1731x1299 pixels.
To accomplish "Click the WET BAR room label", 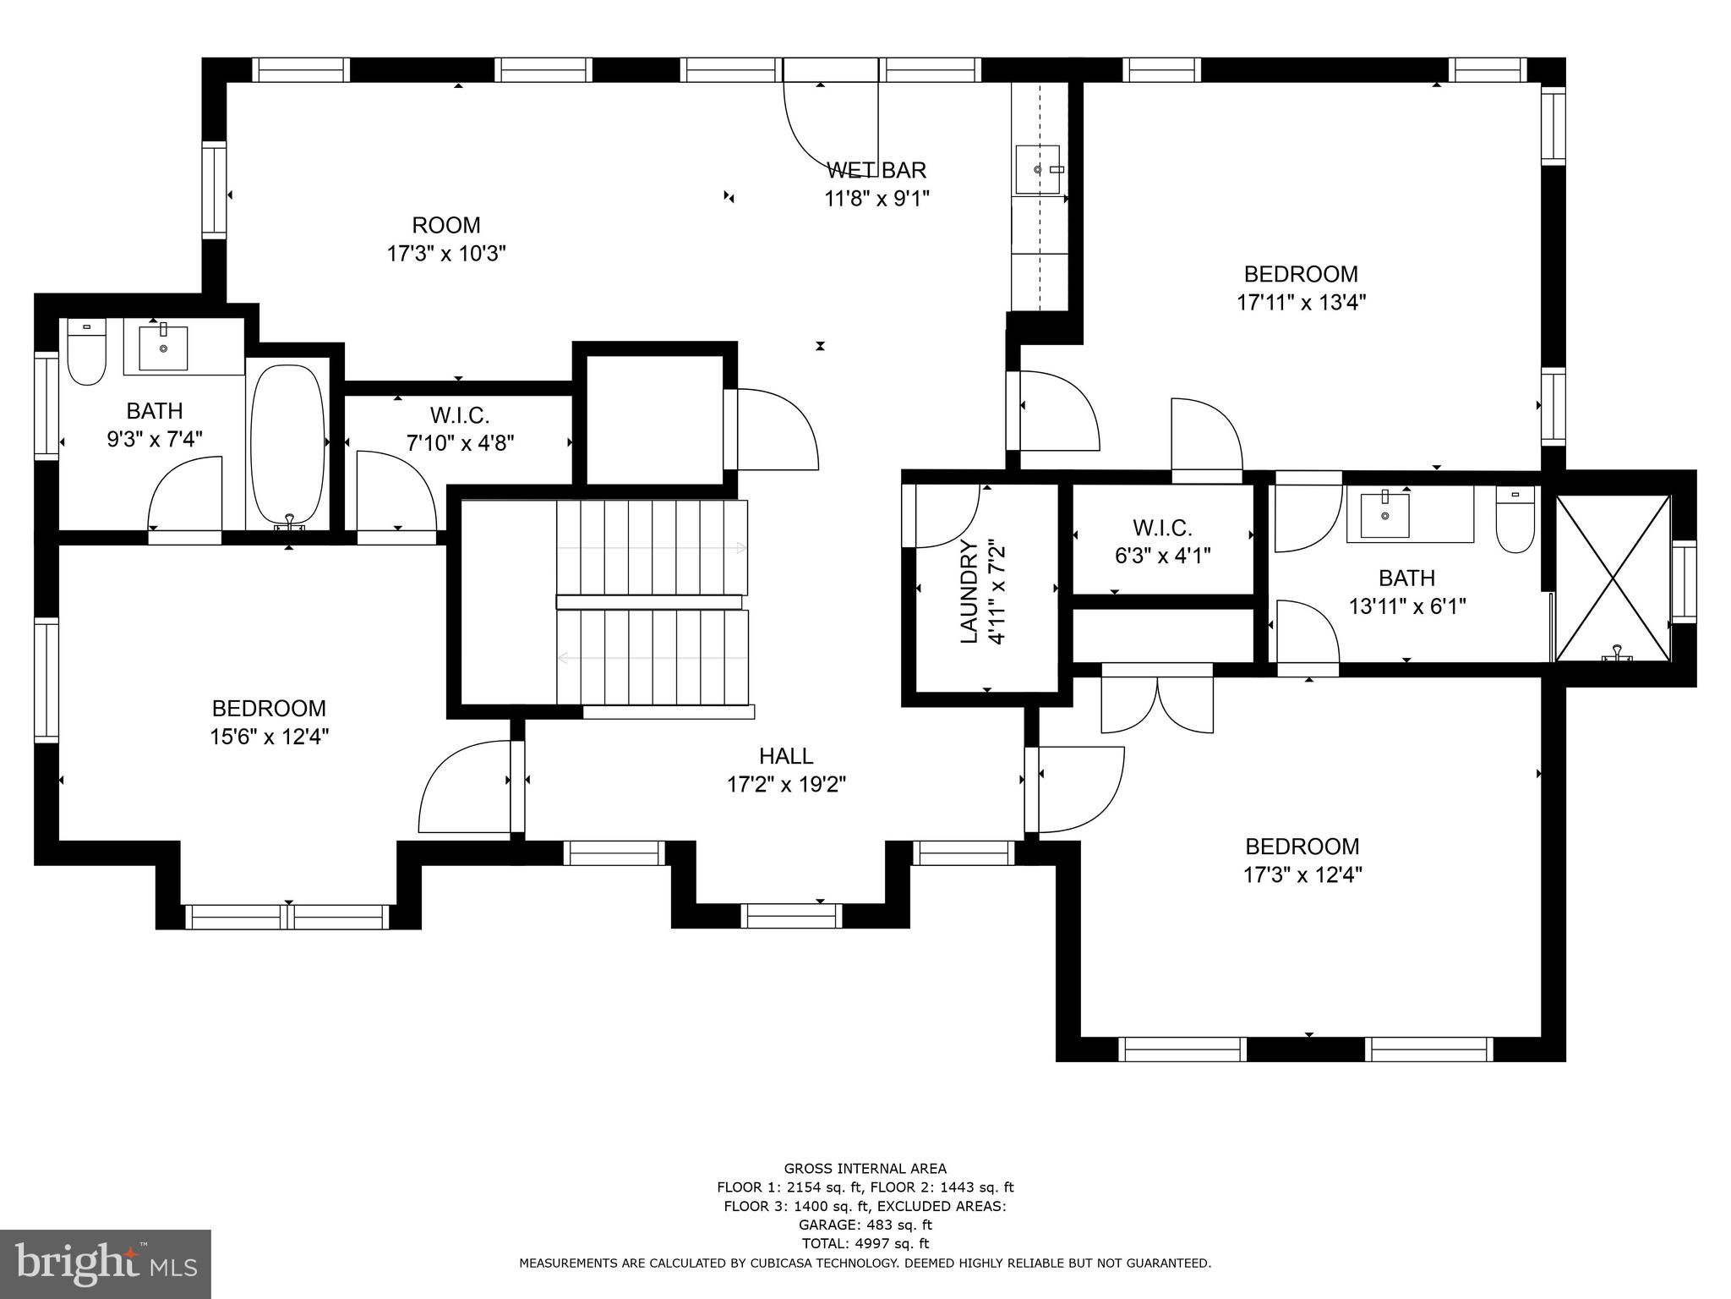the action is [876, 170].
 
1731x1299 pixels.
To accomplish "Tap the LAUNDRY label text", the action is [969, 592].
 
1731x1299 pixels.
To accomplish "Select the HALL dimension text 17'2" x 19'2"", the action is [786, 785].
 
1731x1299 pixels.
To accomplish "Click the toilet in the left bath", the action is [85, 353].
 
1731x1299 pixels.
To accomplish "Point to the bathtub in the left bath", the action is [288, 446].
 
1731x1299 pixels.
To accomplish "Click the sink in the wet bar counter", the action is [1039, 170].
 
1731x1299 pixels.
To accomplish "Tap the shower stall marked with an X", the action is [1613, 578].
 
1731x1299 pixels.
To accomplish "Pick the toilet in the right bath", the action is [1515, 519].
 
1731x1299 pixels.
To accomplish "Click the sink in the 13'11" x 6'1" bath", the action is [1384, 514].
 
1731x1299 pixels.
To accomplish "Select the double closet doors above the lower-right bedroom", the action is [1157, 698].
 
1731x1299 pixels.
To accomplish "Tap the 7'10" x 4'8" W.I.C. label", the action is [460, 429].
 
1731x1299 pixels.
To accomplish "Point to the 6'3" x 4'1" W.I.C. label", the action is [1162, 541].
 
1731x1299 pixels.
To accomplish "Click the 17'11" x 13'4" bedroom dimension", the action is [1302, 302].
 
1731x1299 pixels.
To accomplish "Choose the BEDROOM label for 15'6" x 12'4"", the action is [269, 708].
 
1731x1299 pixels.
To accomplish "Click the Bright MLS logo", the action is [106, 1263].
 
